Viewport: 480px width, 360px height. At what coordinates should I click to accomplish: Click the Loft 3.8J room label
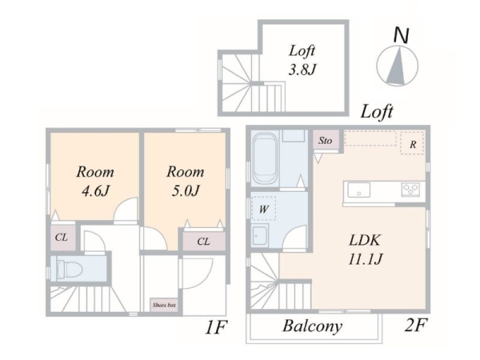pos(302,60)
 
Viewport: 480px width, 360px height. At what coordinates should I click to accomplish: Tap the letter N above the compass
pos(401,35)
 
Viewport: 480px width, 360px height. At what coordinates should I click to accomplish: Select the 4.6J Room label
pos(95,181)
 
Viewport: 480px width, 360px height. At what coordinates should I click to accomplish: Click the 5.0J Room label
pos(186,181)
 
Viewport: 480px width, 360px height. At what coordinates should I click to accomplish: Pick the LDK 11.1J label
pos(365,250)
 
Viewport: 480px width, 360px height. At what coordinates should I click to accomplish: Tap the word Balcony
pos(312,326)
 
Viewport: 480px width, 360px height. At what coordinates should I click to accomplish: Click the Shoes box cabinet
pos(164,305)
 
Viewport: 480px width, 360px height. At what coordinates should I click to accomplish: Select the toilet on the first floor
pos(70,269)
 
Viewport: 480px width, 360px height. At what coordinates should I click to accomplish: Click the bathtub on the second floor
pos(266,158)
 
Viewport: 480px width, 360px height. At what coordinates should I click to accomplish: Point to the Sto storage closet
pos(326,140)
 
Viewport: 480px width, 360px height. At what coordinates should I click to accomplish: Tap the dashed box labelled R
pos(412,142)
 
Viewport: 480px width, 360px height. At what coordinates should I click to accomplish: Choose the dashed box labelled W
pos(263,208)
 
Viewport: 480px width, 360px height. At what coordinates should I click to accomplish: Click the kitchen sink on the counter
pos(358,190)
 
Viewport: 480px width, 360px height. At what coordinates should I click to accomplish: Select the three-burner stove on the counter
pos(411,190)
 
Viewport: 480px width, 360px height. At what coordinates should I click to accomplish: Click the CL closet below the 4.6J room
pos(62,238)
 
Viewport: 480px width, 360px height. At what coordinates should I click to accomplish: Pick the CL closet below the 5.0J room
pos(203,242)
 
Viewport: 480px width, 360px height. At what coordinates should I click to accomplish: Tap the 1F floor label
pos(216,327)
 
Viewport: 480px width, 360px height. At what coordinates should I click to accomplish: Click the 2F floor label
pos(415,325)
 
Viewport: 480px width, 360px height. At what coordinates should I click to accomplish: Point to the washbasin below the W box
pos(260,235)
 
